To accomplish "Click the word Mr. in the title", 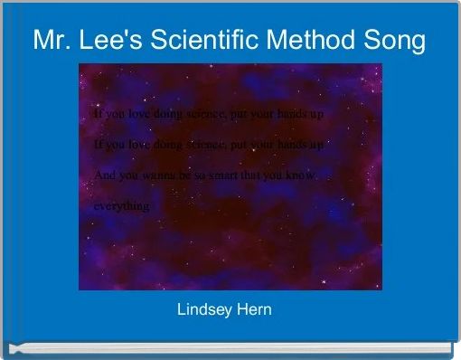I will click(51, 41).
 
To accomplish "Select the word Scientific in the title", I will click(199, 41).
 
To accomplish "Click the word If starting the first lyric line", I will click(98, 114).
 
